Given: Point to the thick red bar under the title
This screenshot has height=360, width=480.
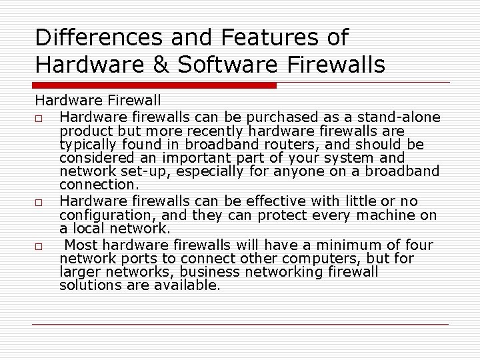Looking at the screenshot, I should tap(155, 85).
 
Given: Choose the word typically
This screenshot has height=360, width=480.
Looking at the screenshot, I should tap(85, 144).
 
